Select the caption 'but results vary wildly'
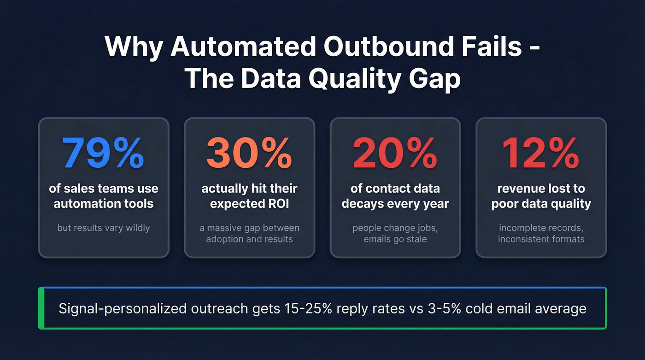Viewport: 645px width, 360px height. coord(103,228)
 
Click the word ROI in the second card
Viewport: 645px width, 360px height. coord(278,204)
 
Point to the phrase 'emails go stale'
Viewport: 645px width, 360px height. coord(395,239)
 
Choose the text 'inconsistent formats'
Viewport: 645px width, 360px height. coord(541,239)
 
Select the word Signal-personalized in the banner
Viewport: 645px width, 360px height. coord(122,308)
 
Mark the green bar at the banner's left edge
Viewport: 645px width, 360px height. coord(41,308)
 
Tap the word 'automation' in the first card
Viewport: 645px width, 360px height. coord(86,204)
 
